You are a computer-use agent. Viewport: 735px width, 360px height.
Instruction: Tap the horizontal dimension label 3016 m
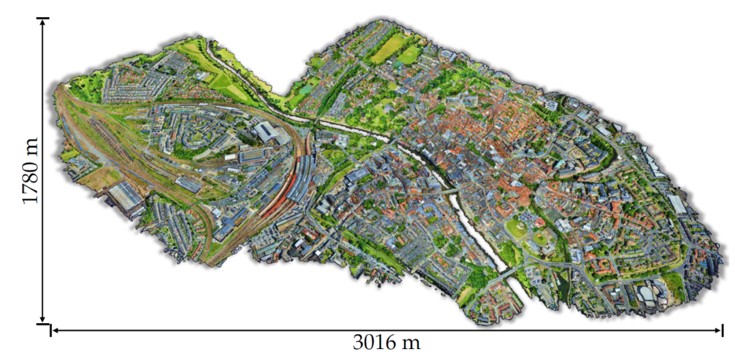(x=386, y=342)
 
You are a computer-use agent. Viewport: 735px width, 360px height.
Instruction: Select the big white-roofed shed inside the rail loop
(x=269, y=133)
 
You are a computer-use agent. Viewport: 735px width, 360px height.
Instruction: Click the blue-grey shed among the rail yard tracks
(x=188, y=184)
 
